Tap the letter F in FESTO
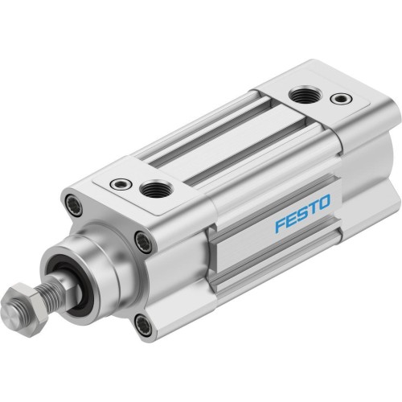tap(279, 226)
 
